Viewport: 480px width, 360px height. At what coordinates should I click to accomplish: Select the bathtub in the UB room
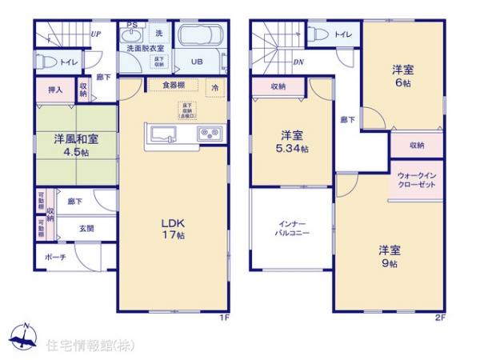pos(196,38)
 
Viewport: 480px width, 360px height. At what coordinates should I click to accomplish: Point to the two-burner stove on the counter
pos(210,133)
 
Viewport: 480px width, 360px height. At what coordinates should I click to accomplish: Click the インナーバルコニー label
pos(290,228)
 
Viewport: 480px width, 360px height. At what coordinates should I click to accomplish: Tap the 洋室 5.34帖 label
pos(290,142)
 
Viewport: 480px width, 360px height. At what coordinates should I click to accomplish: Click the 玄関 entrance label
pos(86,228)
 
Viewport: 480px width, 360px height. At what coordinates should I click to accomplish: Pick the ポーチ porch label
pos(57,258)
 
